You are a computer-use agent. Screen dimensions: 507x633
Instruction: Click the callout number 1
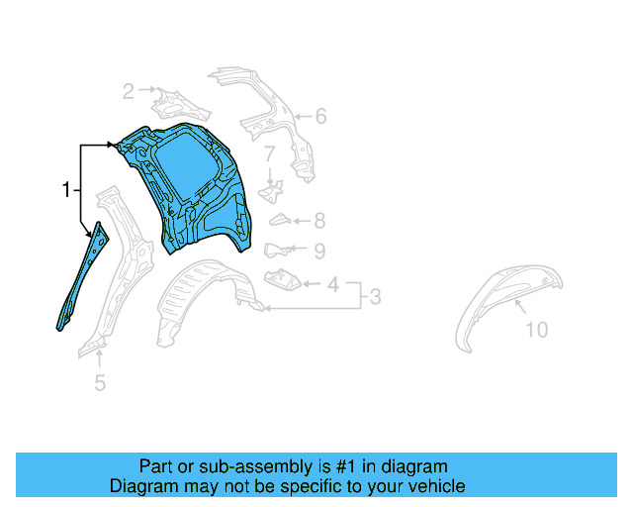coord(65,189)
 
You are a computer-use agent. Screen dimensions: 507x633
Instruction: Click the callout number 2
coord(129,92)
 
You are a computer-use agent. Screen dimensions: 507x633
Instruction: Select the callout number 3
coord(375,295)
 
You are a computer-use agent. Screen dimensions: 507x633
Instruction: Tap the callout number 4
coord(332,285)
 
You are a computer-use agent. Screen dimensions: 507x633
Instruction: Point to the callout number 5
coord(99,382)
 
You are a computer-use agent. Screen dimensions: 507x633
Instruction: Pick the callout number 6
coord(319,117)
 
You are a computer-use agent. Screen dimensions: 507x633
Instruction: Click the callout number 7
coord(269,153)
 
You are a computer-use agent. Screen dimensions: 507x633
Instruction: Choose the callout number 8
coord(319,222)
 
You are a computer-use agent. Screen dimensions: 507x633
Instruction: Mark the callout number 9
coord(319,252)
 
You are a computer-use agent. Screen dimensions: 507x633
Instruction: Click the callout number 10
coord(535,330)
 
